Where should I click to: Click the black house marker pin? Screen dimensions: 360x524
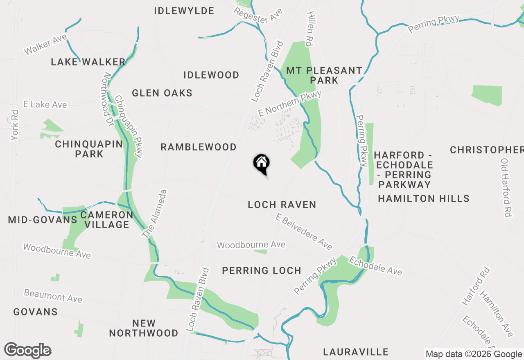(x=262, y=164)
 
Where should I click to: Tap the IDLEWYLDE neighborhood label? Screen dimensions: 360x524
(x=184, y=11)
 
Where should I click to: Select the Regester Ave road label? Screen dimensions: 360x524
(x=258, y=15)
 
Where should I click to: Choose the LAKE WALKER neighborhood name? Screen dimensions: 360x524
(x=88, y=62)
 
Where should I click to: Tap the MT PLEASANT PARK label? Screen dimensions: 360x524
(x=324, y=75)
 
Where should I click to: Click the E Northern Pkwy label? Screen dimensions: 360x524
(x=289, y=103)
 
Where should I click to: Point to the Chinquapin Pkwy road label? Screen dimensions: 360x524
(x=129, y=126)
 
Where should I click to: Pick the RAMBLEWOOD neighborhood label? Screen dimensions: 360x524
(x=199, y=147)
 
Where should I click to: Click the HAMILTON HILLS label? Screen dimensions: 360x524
(x=423, y=198)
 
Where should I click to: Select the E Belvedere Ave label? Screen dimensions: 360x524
(x=304, y=232)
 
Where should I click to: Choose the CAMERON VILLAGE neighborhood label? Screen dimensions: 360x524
(x=106, y=220)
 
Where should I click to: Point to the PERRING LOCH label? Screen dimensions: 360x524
(x=262, y=270)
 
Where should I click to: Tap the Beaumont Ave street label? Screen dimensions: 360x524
(x=53, y=296)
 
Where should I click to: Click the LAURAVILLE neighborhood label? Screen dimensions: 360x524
(x=355, y=352)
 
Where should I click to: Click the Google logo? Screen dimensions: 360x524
(x=28, y=351)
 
